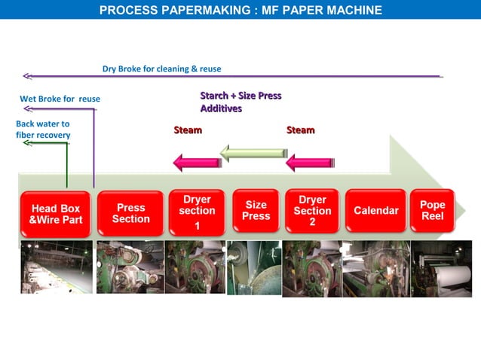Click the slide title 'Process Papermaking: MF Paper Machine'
click(240, 10)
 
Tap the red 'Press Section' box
click(130, 213)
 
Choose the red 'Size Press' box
click(256, 210)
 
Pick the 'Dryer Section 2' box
click(312, 211)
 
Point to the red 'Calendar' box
click(375, 210)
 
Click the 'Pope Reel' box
click(432, 210)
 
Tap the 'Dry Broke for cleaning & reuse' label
click(161, 69)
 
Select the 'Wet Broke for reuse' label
click(60, 99)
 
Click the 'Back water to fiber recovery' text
click(43, 129)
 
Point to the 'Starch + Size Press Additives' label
click(240, 102)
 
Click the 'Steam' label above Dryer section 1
click(188, 130)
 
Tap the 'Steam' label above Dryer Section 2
click(300, 130)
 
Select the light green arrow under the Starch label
click(253, 154)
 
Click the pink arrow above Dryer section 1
click(197, 161)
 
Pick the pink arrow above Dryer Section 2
click(310, 161)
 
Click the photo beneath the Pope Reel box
click(441, 267)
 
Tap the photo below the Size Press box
click(254, 267)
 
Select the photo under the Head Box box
click(57, 267)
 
